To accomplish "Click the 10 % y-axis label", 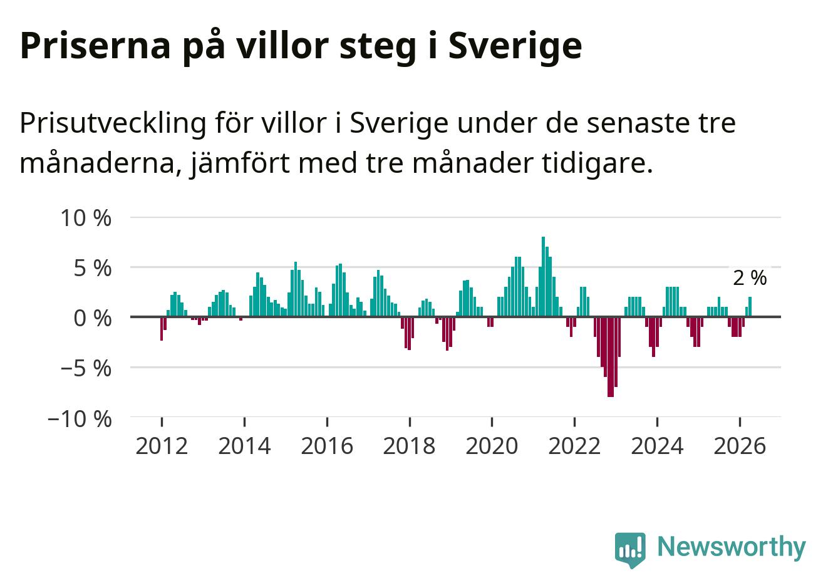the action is [x=86, y=218].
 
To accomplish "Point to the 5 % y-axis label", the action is [x=93, y=268].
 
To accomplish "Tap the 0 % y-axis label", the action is [x=93, y=319].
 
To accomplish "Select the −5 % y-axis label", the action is [x=86, y=369].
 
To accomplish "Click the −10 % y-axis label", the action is [x=80, y=419].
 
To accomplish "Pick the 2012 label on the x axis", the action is [x=162, y=446].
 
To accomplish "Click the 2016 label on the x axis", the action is [x=327, y=446].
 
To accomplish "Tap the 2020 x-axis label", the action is [x=492, y=446].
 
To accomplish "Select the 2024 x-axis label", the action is [x=657, y=446].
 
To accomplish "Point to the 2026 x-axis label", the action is [x=740, y=446].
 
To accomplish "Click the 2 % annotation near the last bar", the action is [x=750, y=278].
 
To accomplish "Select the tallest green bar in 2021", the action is [x=544, y=277].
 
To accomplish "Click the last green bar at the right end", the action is [x=750, y=307].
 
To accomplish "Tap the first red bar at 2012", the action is [x=162, y=329].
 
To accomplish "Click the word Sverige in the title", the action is [x=515, y=46].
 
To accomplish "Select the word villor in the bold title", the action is [x=282, y=45].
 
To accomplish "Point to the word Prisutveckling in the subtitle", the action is [x=113, y=123].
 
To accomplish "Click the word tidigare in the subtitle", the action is [x=598, y=163].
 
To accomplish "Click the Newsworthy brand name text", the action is [x=732, y=547].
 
